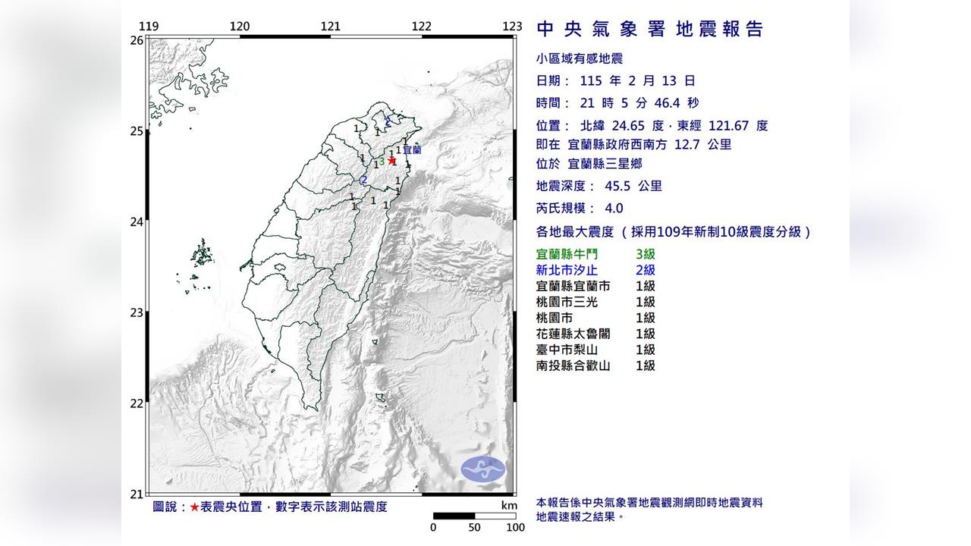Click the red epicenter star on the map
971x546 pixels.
coord(391,160)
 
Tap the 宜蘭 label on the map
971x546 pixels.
coord(412,150)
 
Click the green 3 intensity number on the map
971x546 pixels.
coord(382,162)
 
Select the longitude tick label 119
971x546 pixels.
coord(149,26)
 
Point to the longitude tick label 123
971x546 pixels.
coord(512,26)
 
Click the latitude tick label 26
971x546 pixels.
coord(137,39)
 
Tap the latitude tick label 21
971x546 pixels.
coord(137,494)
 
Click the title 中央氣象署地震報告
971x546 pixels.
coord(649,29)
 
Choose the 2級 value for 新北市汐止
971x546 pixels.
coord(645,270)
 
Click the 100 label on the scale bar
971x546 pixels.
coord(515,528)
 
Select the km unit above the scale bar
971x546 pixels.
coord(508,506)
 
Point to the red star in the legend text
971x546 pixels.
coord(195,507)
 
